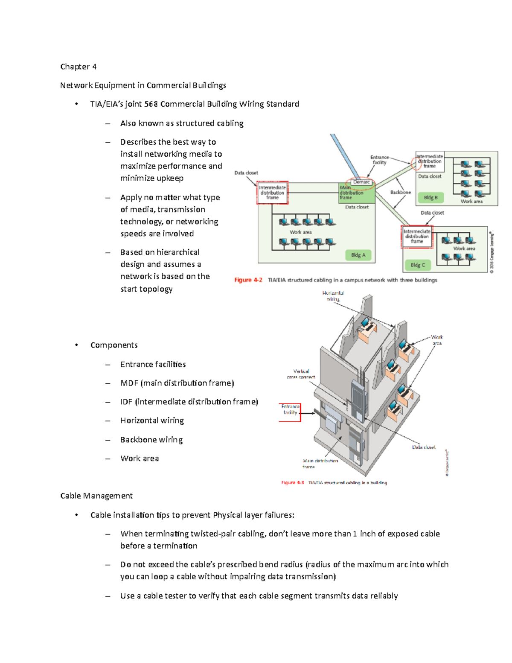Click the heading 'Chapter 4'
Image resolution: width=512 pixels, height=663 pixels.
[78, 67]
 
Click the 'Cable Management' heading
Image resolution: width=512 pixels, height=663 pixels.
[96, 496]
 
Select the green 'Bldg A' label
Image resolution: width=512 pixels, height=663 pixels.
[358, 255]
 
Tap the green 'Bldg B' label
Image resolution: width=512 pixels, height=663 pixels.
[431, 197]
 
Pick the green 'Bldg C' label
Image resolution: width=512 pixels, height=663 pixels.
[418, 265]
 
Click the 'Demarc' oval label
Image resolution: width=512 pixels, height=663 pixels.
[361, 182]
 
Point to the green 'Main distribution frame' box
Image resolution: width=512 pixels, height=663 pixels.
[356, 193]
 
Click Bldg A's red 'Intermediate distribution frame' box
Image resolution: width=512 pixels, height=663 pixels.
[272, 193]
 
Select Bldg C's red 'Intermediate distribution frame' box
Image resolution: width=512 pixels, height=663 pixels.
[417, 237]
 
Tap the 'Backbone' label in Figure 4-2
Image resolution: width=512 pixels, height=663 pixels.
[400, 192]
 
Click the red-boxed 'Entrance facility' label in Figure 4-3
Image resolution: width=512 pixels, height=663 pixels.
[290, 410]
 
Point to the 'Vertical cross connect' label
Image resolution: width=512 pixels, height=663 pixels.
[301, 374]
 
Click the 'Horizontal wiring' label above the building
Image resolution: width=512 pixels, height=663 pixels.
[333, 296]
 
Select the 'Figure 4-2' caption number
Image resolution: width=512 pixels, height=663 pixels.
[248, 280]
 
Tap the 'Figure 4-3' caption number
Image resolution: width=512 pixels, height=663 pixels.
[292, 482]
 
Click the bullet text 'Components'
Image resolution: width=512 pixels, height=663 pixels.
[114, 345]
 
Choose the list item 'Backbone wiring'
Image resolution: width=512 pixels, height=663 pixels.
[151, 440]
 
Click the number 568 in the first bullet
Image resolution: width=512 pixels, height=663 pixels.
[151, 104]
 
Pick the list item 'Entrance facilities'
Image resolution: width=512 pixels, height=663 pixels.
[153, 364]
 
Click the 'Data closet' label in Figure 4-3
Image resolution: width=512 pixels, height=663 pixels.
[423, 447]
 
